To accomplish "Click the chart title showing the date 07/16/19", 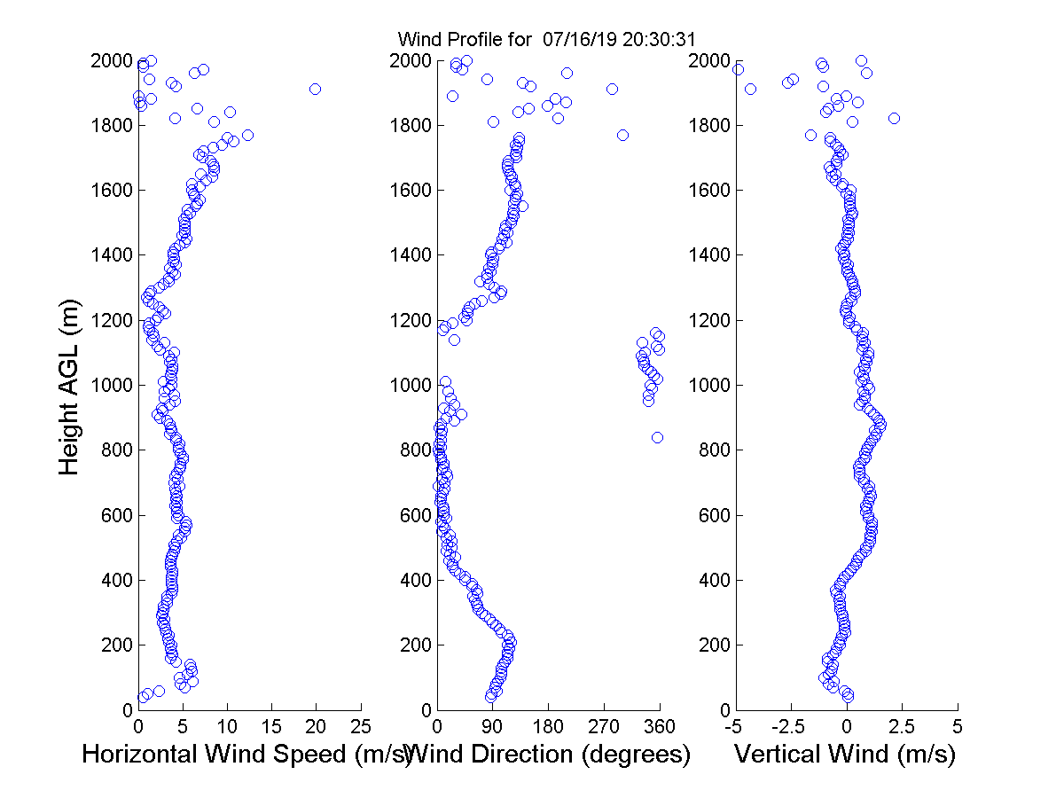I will pyautogui.click(x=546, y=40).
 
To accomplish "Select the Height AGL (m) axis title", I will pyautogui.click(x=70, y=385).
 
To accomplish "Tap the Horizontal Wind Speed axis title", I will pyautogui.click(x=248, y=755).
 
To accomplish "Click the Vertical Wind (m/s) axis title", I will pyautogui.click(x=845, y=755).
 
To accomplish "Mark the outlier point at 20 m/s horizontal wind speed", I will pyautogui.click(x=316, y=89).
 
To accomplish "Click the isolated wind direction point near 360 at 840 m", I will pyautogui.click(x=657, y=437).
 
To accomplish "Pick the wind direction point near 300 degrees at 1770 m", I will pyautogui.click(x=622, y=135).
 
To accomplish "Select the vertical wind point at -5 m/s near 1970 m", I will pyautogui.click(x=738, y=69).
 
